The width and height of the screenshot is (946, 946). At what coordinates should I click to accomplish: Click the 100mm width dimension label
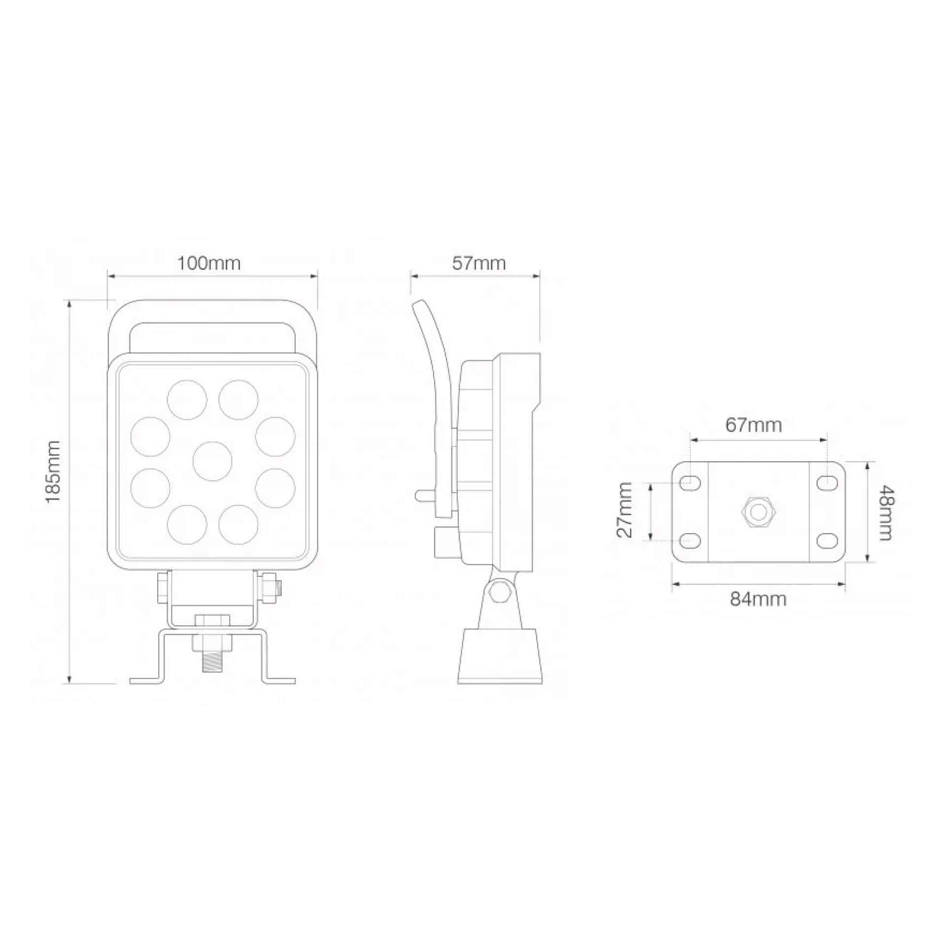point(209,263)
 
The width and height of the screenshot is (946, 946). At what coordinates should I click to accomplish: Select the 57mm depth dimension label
point(479,263)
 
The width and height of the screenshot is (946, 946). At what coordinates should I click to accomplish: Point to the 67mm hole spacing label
point(753,425)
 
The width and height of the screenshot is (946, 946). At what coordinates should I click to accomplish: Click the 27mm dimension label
point(624,510)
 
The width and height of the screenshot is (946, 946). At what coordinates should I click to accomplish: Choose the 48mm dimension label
point(885,513)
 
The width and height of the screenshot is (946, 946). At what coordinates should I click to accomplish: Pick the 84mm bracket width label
point(758,599)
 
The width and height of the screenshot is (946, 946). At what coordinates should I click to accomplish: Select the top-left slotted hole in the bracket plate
point(691,483)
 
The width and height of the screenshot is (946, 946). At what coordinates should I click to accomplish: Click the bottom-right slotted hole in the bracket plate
point(827,541)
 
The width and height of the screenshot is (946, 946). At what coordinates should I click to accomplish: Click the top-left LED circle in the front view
point(187,400)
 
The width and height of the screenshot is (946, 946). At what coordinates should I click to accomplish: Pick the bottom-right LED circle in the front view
point(238,524)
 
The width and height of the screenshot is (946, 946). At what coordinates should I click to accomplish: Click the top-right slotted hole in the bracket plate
point(827,483)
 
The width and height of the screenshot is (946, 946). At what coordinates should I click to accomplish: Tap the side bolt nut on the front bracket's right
point(270,587)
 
